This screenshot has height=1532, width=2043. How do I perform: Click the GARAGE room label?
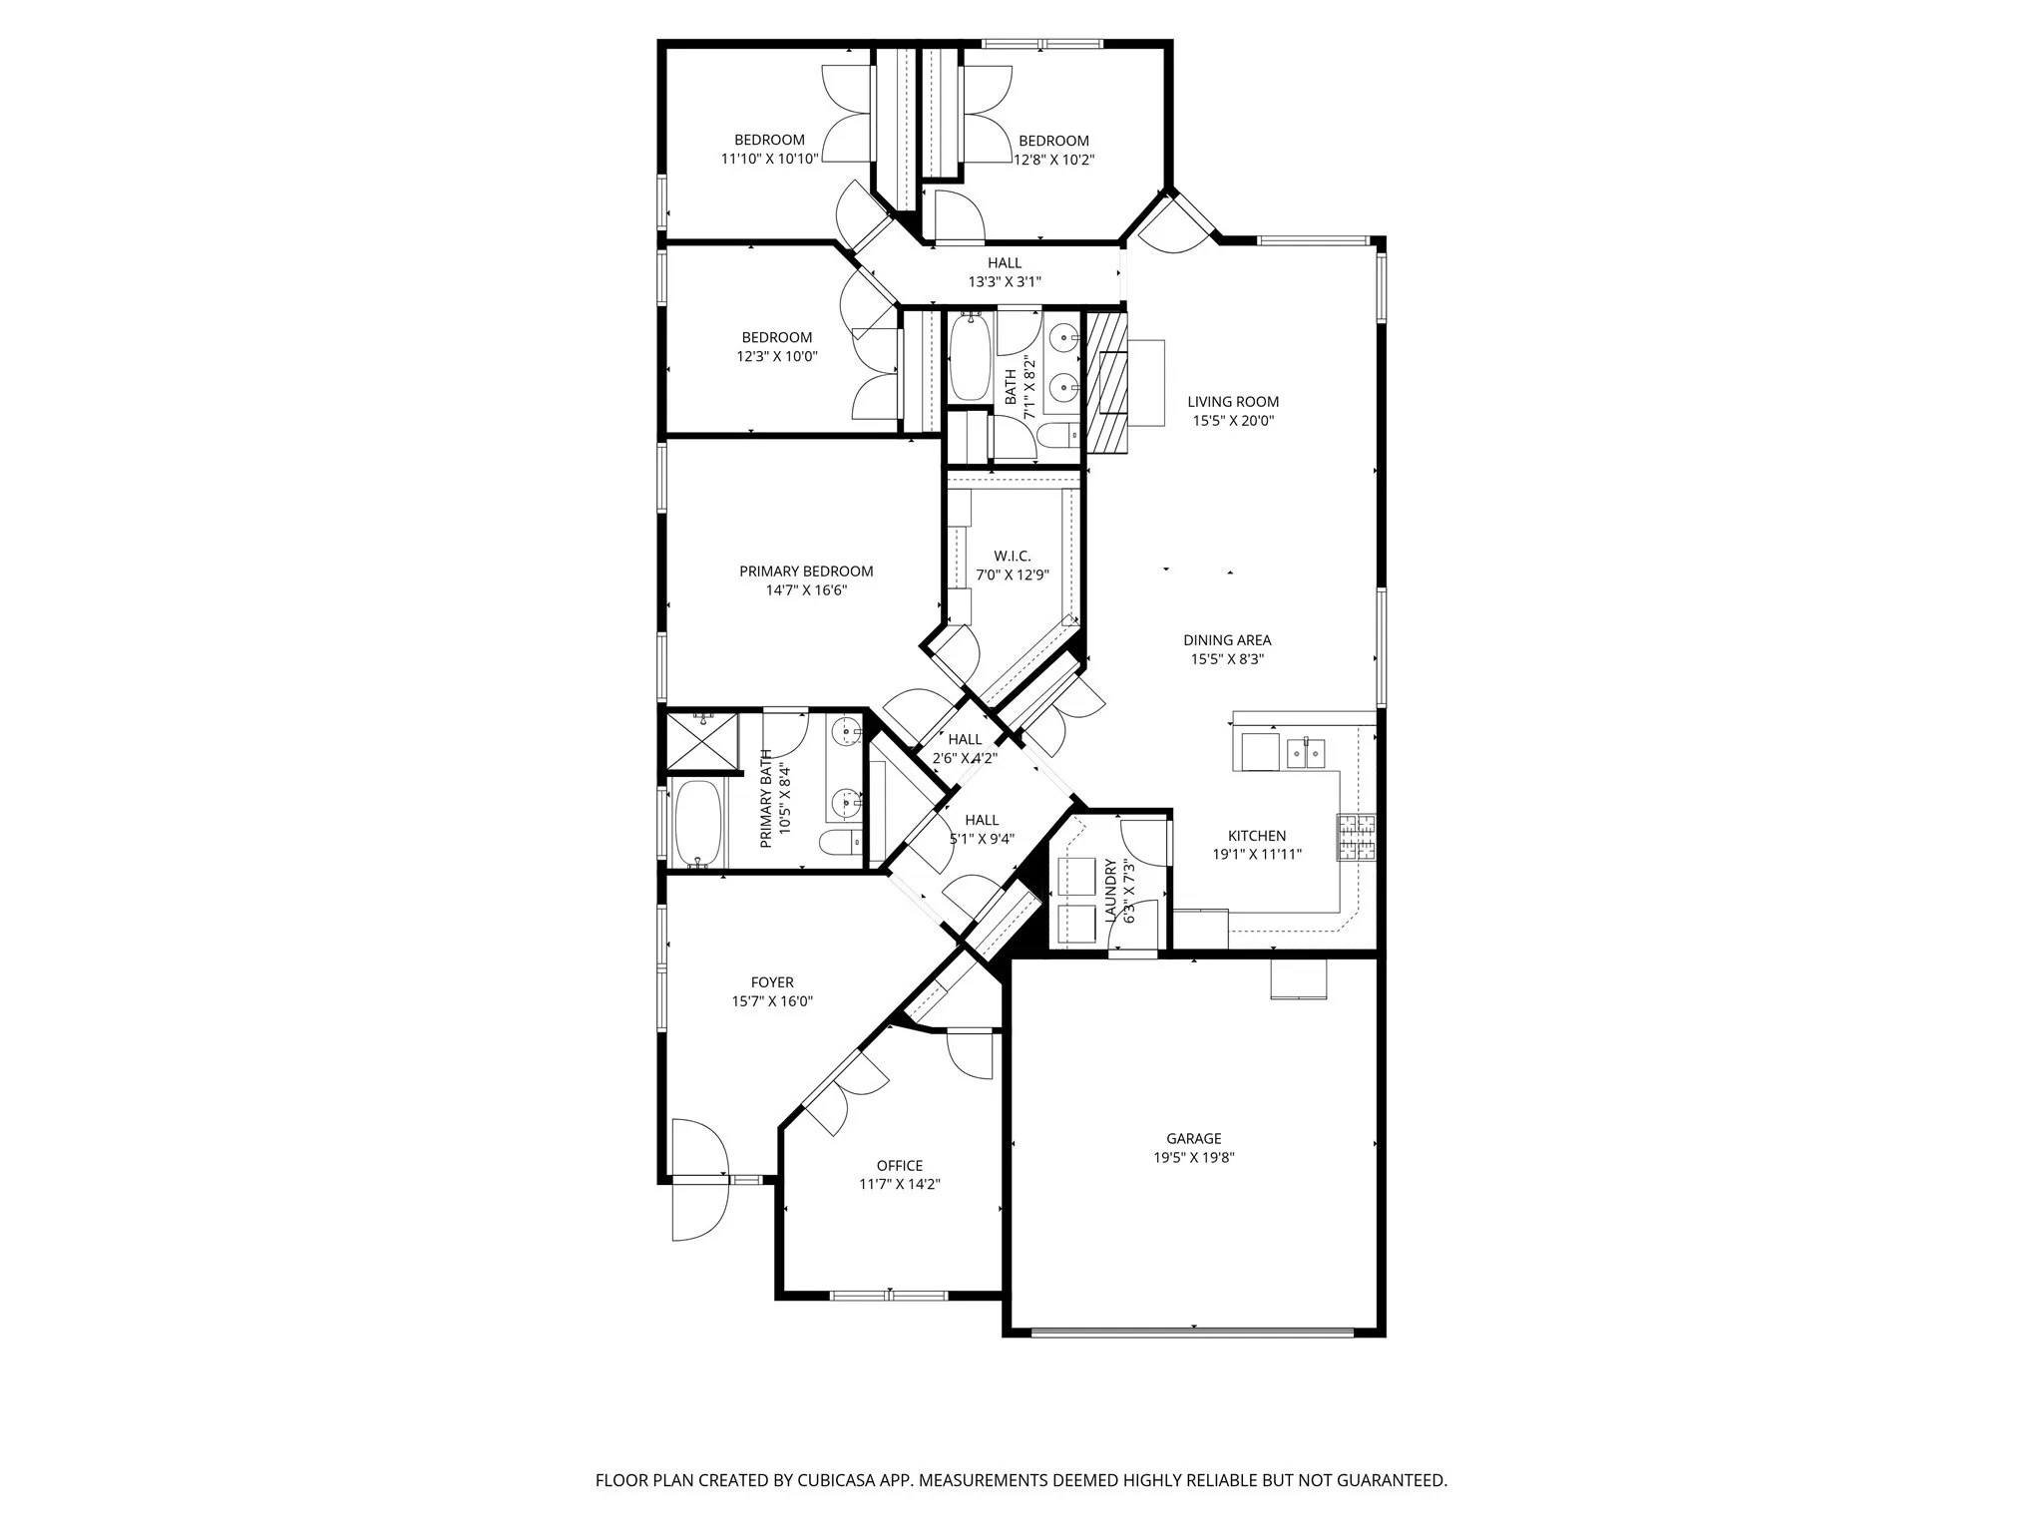click(1193, 1138)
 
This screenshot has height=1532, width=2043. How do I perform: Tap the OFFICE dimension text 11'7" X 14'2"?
click(899, 1184)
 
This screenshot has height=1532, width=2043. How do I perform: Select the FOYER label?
click(772, 982)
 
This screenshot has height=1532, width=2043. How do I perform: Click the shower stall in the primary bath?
click(702, 740)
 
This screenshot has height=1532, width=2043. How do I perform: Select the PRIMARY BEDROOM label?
click(806, 572)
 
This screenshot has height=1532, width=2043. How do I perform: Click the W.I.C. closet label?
click(1012, 556)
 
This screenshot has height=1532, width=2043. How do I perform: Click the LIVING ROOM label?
click(1233, 402)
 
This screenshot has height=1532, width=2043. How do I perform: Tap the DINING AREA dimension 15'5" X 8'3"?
click(1227, 659)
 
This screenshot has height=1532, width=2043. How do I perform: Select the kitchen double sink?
click(1306, 753)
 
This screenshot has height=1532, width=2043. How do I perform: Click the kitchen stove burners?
click(1356, 838)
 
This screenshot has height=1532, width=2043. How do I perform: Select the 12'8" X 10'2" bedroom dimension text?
click(1054, 159)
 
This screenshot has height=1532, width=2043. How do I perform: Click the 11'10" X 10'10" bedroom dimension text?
click(769, 158)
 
